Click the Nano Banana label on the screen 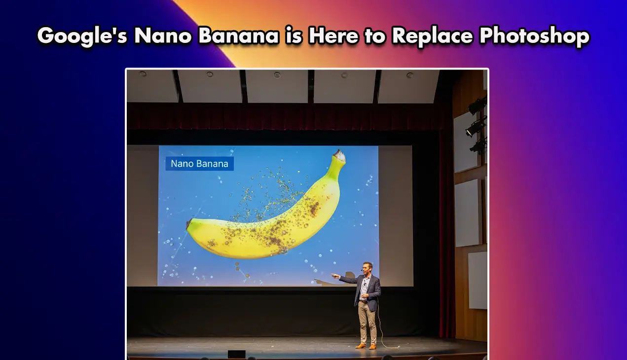tap(199, 164)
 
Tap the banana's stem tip tap(339, 155)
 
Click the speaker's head tap(367, 268)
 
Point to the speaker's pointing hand tap(334, 276)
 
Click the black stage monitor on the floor tap(236, 354)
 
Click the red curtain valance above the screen tap(286, 116)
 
